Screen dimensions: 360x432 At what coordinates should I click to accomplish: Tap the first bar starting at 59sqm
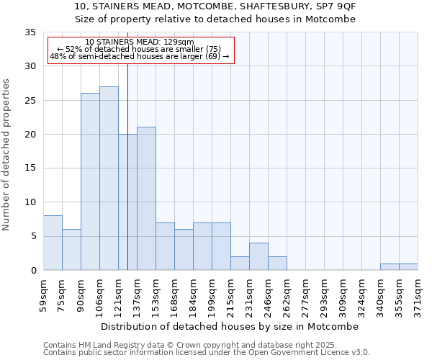[53, 243]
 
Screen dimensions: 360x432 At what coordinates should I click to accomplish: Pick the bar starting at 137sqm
[146, 199]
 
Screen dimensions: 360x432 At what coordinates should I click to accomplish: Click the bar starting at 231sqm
[258, 256]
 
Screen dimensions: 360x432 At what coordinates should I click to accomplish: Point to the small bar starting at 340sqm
[390, 267]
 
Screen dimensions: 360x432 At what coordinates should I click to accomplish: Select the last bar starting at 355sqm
[408, 267]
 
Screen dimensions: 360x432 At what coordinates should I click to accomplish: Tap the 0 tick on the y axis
[33, 271]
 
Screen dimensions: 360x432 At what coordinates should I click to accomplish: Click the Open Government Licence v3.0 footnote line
[206, 353]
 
